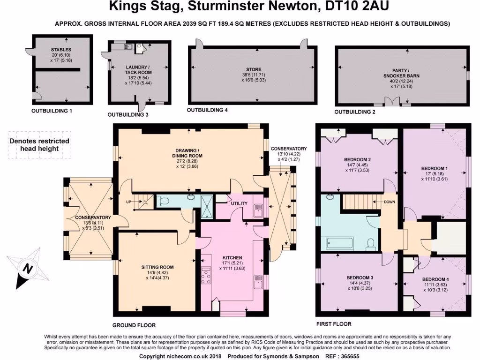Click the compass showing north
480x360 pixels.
[x=28, y=269]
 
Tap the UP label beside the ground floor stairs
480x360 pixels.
[x=128, y=202]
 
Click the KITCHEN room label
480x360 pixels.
[x=232, y=258]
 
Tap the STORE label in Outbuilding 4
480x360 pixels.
[x=254, y=69]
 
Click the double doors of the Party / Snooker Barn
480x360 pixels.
[x=390, y=102]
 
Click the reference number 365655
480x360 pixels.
[x=349, y=357]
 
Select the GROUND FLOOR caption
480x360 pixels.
[x=134, y=325]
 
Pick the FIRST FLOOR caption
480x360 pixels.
[x=334, y=324]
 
